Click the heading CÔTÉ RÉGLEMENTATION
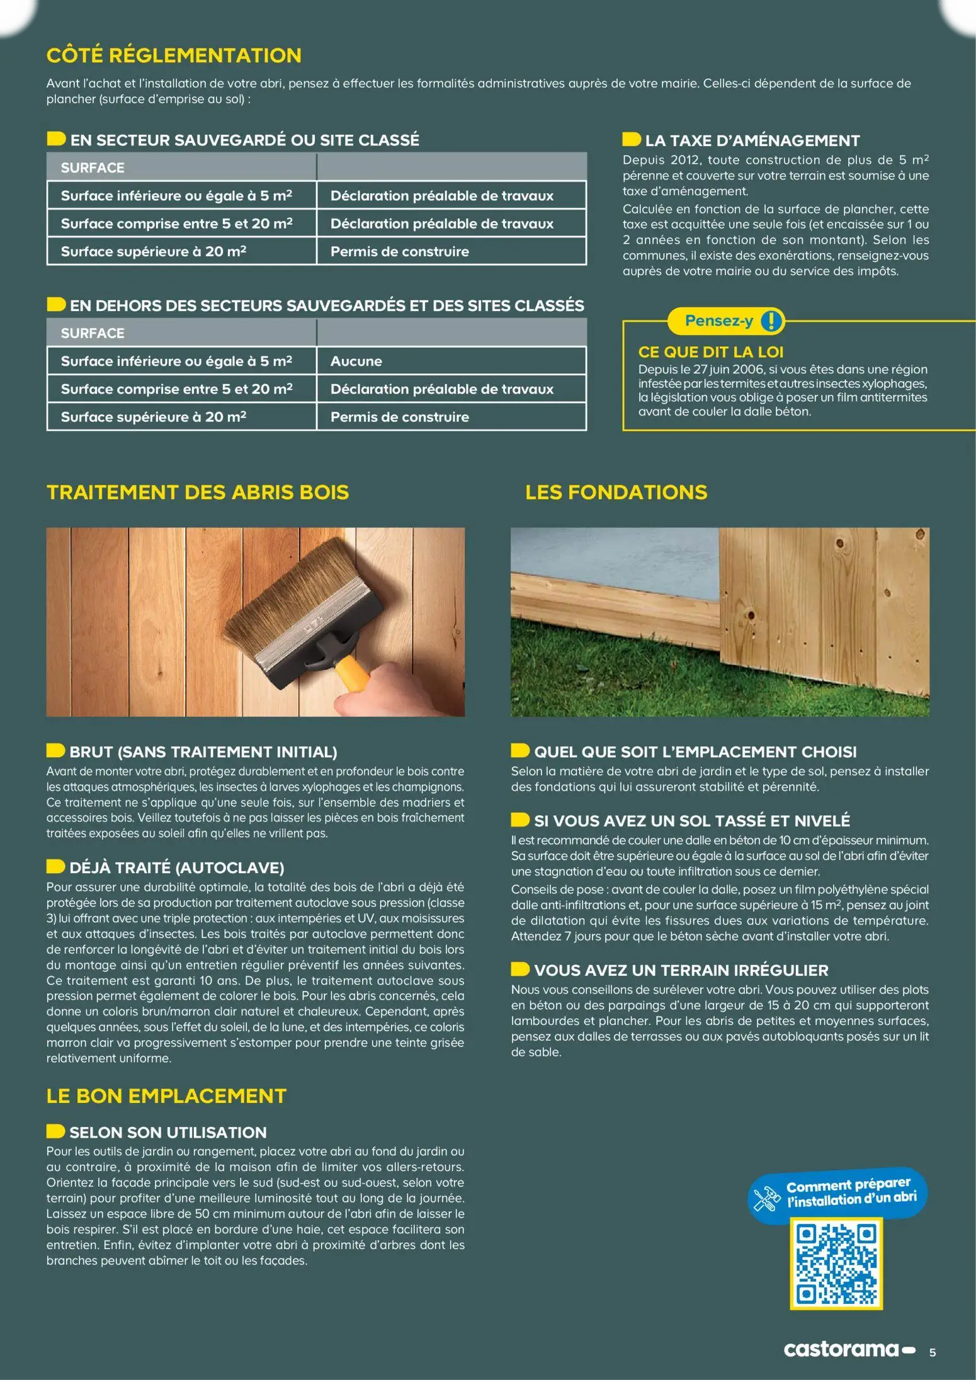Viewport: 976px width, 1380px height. click(174, 55)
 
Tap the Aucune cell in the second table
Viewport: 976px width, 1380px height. click(356, 361)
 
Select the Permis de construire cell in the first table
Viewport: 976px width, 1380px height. click(400, 252)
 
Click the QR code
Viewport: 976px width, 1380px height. click(836, 1264)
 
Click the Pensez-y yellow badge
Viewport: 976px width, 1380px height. click(719, 321)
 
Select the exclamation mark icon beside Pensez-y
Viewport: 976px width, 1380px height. click(771, 321)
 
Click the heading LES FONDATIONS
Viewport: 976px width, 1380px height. click(616, 492)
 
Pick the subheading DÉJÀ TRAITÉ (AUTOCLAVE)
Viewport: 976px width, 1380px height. click(176, 868)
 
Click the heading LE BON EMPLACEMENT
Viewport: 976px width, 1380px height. click(166, 1096)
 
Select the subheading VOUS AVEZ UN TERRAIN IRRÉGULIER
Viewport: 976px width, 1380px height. click(681, 970)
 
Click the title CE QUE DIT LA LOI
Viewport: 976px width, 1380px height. click(711, 352)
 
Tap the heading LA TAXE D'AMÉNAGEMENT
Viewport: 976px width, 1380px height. click(752, 140)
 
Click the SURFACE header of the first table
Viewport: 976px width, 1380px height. click(93, 168)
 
